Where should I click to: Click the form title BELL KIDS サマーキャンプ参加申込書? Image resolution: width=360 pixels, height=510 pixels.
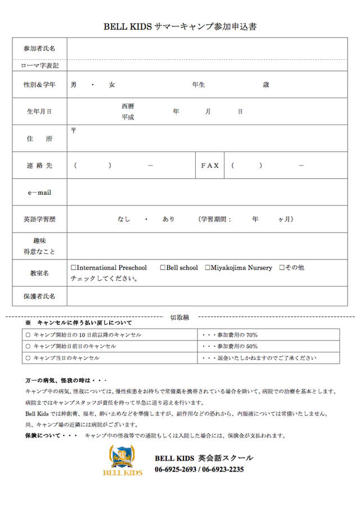click(180, 26)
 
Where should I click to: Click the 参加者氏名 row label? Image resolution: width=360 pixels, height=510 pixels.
click(39, 48)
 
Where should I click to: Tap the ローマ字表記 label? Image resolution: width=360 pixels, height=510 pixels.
click(39, 65)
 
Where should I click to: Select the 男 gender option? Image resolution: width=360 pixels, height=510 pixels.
click(74, 85)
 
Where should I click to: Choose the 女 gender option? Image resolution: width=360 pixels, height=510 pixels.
click(112, 85)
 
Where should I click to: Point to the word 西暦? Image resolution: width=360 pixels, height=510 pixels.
click(128, 106)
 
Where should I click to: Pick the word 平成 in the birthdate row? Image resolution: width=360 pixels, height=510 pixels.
click(128, 117)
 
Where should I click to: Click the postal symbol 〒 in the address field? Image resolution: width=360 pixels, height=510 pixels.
click(74, 131)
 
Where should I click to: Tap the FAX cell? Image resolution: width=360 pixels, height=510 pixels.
click(210, 165)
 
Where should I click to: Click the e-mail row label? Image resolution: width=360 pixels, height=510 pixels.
click(39, 193)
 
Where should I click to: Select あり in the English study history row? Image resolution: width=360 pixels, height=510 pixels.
click(168, 219)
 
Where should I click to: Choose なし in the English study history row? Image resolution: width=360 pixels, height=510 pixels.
click(124, 219)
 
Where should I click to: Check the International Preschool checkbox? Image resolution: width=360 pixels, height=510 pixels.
click(74, 268)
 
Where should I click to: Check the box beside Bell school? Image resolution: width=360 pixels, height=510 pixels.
click(163, 268)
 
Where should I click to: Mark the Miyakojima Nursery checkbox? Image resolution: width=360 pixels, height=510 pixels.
click(208, 268)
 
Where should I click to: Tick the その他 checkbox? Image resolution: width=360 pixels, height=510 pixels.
click(282, 268)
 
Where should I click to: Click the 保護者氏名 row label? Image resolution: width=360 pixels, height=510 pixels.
click(39, 296)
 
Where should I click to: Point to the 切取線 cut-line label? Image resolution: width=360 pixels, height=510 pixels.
click(179, 317)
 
